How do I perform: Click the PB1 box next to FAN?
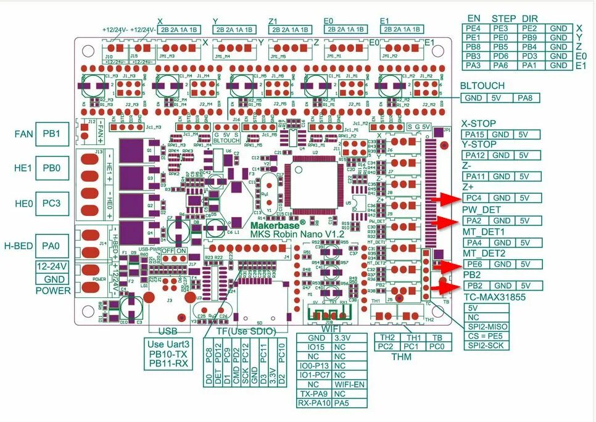(x=51, y=134)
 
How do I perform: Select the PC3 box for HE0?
(x=51, y=202)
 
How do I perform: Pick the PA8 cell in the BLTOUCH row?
(x=529, y=97)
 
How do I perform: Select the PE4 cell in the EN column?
(x=474, y=28)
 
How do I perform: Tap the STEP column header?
(x=503, y=19)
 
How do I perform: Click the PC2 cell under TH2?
(x=386, y=347)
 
